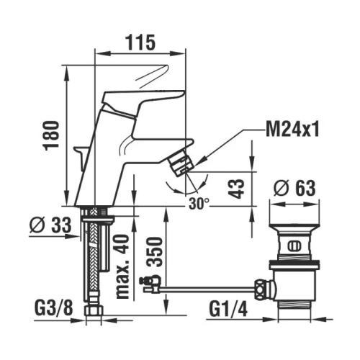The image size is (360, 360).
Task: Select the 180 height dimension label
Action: pyautogui.click(x=51, y=134)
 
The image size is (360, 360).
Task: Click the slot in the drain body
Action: pyautogui.click(x=292, y=245)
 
